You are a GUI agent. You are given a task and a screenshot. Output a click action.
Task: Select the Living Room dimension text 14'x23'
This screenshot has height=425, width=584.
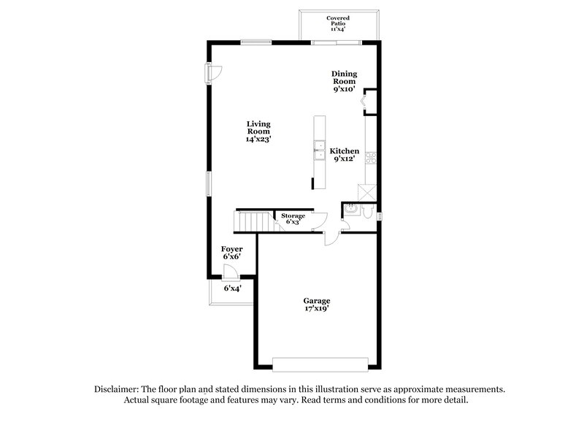259,139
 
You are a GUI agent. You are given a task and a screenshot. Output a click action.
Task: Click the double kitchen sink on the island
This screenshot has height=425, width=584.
319,152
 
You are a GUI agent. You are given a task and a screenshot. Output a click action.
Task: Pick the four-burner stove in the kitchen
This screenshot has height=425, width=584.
371,157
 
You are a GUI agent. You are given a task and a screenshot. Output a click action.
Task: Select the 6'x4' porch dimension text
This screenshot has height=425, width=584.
232,288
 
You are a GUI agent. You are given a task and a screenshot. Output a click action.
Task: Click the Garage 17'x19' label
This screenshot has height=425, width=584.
317,305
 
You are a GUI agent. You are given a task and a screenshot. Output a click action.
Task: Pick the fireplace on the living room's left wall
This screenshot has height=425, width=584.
210,73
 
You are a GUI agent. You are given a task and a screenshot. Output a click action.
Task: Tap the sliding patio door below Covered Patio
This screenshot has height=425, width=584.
337,43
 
